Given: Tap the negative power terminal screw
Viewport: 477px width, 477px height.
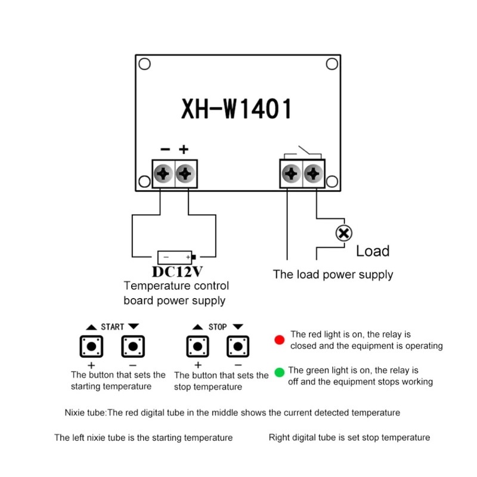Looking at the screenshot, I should pyautogui.click(x=163, y=174).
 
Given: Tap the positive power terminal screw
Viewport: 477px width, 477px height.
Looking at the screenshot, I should pyautogui.click(x=186, y=174).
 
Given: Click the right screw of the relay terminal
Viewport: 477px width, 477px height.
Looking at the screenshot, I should pyautogui.click(x=313, y=174).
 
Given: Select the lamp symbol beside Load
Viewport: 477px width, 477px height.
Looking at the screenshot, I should pyautogui.click(x=343, y=233).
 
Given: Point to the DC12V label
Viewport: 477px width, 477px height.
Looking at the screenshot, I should pyautogui.click(x=176, y=272).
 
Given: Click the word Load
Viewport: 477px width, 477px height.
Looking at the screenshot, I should pyautogui.click(x=373, y=251).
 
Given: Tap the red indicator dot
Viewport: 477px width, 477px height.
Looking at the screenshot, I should pyautogui.click(x=279, y=340).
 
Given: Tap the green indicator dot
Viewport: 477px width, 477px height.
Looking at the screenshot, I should pyautogui.click(x=279, y=374).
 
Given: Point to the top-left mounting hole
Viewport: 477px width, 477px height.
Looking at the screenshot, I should pyautogui.click(x=143, y=64).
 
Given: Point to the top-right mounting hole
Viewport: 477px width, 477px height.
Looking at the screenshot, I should pyautogui.click(x=330, y=64).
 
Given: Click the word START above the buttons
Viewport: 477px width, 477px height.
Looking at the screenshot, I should pyautogui.click(x=112, y=327).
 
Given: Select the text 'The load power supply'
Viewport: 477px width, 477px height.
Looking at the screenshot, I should pyautogui.click(x=333, y=275).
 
